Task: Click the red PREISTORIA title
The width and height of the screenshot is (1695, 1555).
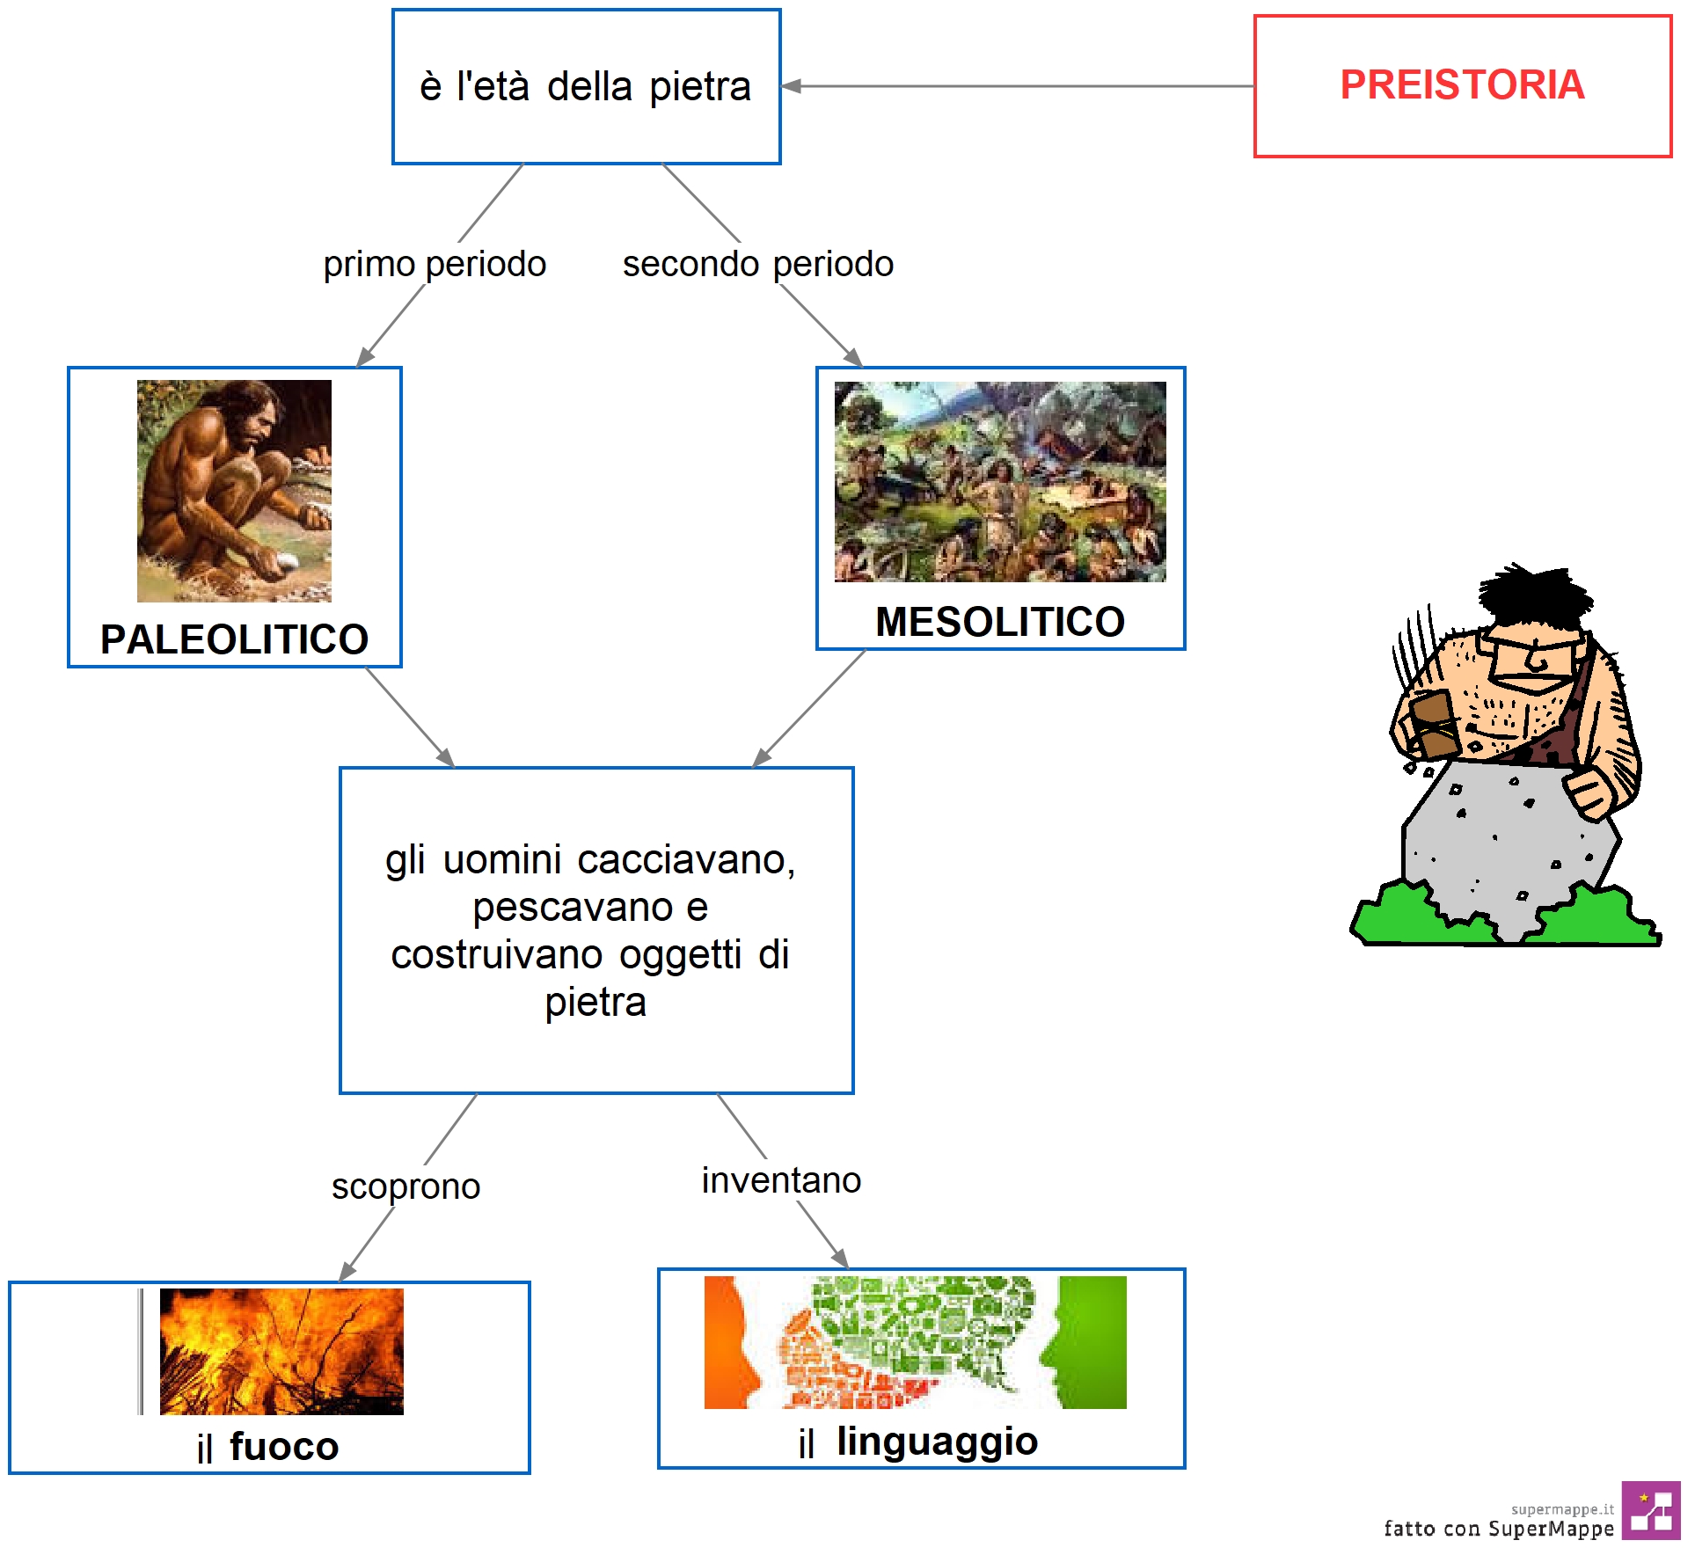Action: [1462, 85]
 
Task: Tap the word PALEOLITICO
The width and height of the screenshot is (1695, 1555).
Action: [234, 639]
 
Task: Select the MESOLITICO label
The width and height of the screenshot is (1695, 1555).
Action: [1000, 622]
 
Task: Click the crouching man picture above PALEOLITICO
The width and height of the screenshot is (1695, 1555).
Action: [234, 491]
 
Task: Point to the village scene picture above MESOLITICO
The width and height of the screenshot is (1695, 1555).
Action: [1000, 481]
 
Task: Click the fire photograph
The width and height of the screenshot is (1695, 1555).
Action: [281, 1352]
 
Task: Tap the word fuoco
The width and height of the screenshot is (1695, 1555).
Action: [284, 1447]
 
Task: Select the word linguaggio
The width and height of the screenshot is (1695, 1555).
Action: [937, 1442]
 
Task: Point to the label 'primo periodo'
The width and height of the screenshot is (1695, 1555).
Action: [435, 264]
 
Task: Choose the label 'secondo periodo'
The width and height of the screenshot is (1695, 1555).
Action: [758, 264]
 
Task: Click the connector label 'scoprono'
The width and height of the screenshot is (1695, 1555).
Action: [405, 1187]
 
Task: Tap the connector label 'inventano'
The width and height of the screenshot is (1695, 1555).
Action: [781, 1180]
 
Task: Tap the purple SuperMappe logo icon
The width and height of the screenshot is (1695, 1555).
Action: [1651, 1510]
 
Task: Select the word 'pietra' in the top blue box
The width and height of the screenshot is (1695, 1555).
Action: [700, 88]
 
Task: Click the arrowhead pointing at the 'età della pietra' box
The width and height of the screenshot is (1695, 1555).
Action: [791, 86]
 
